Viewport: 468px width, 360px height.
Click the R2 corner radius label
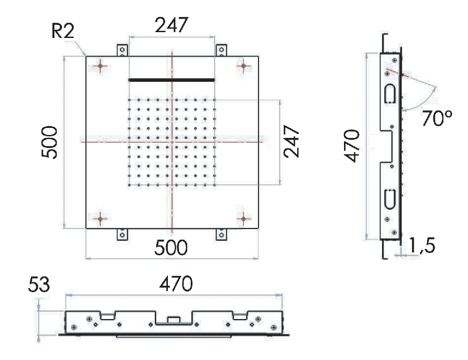63,31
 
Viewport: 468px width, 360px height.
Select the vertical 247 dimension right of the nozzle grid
291,141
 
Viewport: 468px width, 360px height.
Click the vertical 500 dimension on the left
49,142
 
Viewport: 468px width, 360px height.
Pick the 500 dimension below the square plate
171,247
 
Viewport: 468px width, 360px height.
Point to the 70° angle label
437,118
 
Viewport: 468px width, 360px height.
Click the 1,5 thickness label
421,245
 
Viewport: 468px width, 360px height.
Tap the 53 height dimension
39,285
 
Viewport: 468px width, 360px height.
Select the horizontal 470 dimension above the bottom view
176,283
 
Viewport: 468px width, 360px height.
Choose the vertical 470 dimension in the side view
352,146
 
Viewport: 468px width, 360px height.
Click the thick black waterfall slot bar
171,80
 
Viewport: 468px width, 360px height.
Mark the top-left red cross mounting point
100,66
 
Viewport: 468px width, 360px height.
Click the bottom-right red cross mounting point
243,219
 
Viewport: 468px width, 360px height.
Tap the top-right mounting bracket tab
221,50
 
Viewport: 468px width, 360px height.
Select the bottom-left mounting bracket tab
122,234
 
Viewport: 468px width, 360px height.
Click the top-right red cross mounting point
243,66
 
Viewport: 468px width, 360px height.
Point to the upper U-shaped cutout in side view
390,94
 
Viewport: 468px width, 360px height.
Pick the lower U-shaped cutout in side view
390,199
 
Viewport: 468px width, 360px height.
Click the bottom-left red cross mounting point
100,219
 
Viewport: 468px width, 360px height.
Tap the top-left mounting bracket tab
122,50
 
